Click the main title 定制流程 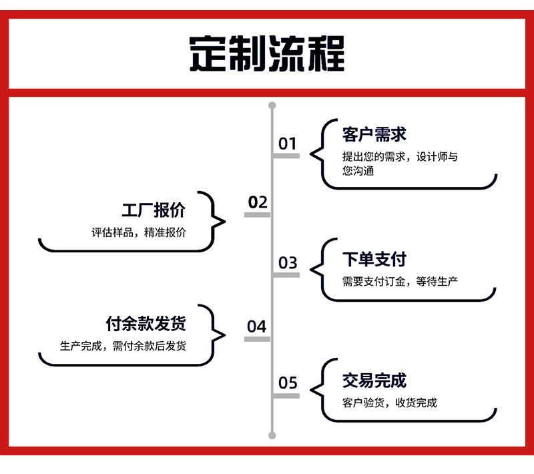[x=267, y=53]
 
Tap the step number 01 [x=288, y=144]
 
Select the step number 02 [x=258, y=202]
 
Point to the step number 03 [x=288, y=263]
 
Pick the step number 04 [x=257, y=326]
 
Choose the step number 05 [x=288, y=383]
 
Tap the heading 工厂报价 [x=154, y=211]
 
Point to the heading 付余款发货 [x=146, y=324]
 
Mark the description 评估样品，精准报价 [x=139, y=233]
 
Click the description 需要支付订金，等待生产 [x=400, y=281]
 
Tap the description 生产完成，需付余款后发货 [x=123, y=346]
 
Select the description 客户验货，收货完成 [x=390, y=403]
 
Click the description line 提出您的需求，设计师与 [x=400, y=157]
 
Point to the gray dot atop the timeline [x=272, y=105]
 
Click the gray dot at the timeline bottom [x=272, y=435]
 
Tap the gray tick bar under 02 [x=258, y=215]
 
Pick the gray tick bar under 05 [x=287, y=396]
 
